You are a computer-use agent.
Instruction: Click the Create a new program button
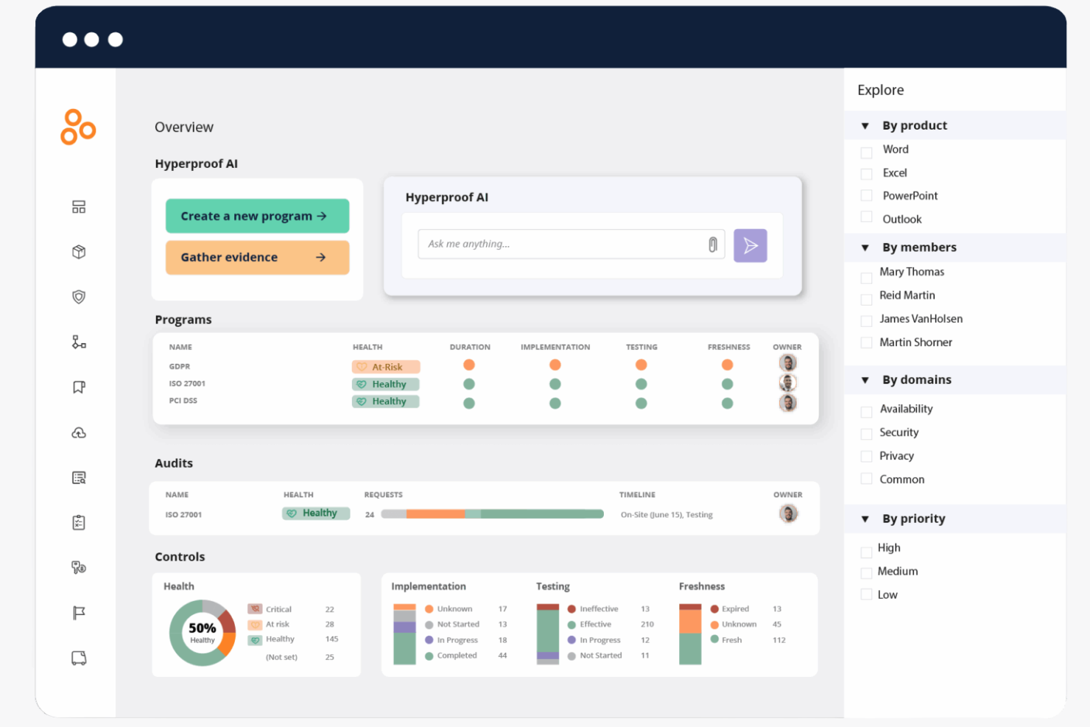pos(257,216)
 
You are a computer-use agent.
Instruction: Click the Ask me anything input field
pos(560,244)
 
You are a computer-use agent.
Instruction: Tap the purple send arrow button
pos(750,245)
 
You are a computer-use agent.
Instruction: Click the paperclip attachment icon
pos(712,245)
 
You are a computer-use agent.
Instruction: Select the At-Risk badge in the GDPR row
pos(386,367)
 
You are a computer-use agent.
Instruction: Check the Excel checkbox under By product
pos(866,174)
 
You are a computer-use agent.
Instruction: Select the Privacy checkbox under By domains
pos(866,457)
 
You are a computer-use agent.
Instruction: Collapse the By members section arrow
pos(865,247)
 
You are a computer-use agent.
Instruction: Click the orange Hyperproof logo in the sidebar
pos(78,127)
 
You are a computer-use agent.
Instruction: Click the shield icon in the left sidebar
pos(79,297)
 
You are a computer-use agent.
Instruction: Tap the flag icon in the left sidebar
pos(79,613)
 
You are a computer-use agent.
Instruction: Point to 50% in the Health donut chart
pos(202,628)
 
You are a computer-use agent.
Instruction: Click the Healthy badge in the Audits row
pos(316,513)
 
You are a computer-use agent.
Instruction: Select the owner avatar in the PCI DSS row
pos(788,403)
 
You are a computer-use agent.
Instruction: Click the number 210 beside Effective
pos(647,625)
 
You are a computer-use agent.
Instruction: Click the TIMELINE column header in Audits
pos(637,495)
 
